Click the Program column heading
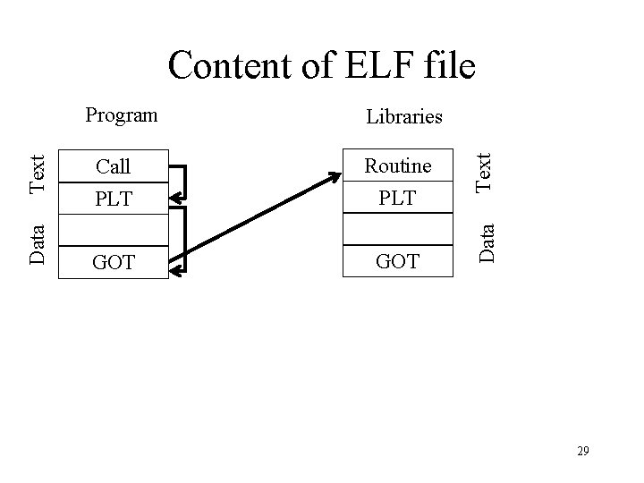(x=121, y=114)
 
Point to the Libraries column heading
(x=403, y=116)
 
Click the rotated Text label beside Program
(x=38, y=174)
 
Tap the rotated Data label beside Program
(x=38, y=242)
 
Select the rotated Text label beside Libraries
(x=483, y=171)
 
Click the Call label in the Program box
(x=113, y=166)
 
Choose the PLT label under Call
(x=113, y=198)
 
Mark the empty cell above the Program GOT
(x=113, y=232)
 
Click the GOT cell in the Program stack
(x=113, y=263)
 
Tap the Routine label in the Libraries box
(x=397, y=165)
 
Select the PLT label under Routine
(x=397, y=197)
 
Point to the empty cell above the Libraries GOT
(x=397, y=231)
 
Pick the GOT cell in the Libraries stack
(x=397, y=262)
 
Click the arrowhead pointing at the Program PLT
(x=175, y=198)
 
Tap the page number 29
(x=582, y=451)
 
